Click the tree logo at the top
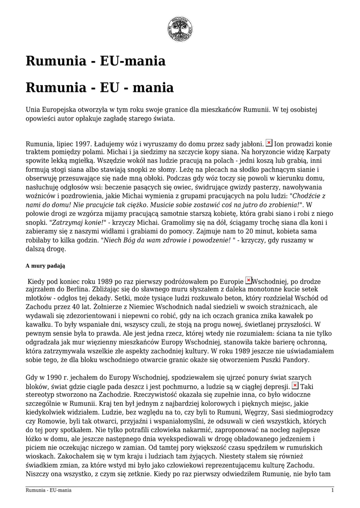(x=180, y=29)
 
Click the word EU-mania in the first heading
(x=133, y=62)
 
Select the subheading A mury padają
(x=45, y=266)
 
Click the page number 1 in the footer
(x=332, y=490)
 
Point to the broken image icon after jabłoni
(x=269, y=142)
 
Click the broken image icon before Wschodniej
(x=248, y=280)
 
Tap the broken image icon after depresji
(x=294, y=385)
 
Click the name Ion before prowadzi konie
(x=280, y=143)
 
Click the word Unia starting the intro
(x=34, y=109)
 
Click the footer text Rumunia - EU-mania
(x=48, y=490)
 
